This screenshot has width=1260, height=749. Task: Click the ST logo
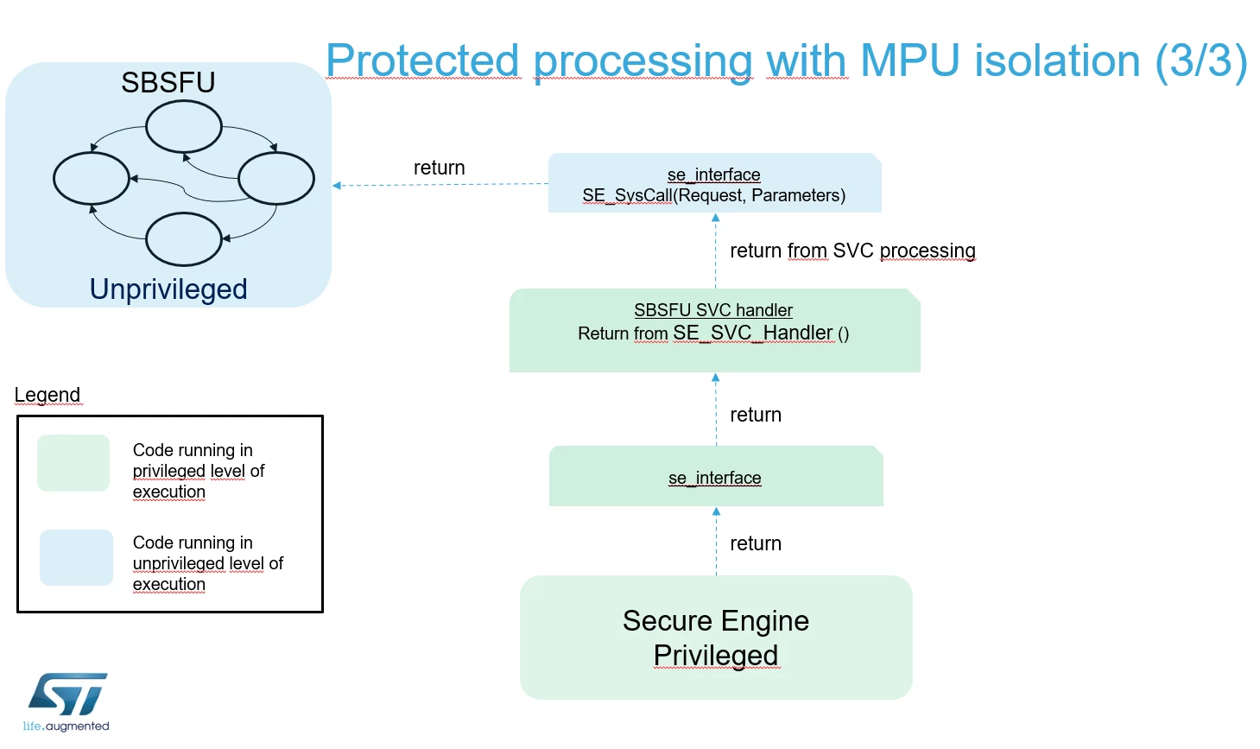[x=67, y=701]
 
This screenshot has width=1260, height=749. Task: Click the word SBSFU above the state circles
[x=168, y=82]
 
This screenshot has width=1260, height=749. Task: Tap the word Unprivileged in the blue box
[x=168, y=289]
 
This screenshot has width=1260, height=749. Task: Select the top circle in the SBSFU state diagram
[x=183, y=101]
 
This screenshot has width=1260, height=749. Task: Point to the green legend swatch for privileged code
[x=73, y=462]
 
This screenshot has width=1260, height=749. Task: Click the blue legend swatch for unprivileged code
[x=76, y=557]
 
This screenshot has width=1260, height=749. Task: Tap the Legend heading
[x=47, y=395]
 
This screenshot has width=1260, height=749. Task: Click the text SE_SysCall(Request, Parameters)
[x=714, y=195]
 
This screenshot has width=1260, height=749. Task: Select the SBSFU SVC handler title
[x=713, y=310]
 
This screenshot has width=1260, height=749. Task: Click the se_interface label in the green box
[x=715, y=478]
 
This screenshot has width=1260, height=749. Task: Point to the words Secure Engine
[x=716, y=621]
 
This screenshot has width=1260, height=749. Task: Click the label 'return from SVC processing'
[x=852, y=251]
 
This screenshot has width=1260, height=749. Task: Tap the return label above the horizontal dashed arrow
[x=440, y=168]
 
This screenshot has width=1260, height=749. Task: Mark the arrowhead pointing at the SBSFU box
[x=337, y=185]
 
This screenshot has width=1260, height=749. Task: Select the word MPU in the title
[x=909, y=60]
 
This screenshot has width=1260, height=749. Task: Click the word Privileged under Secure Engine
[x=716, y=656]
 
